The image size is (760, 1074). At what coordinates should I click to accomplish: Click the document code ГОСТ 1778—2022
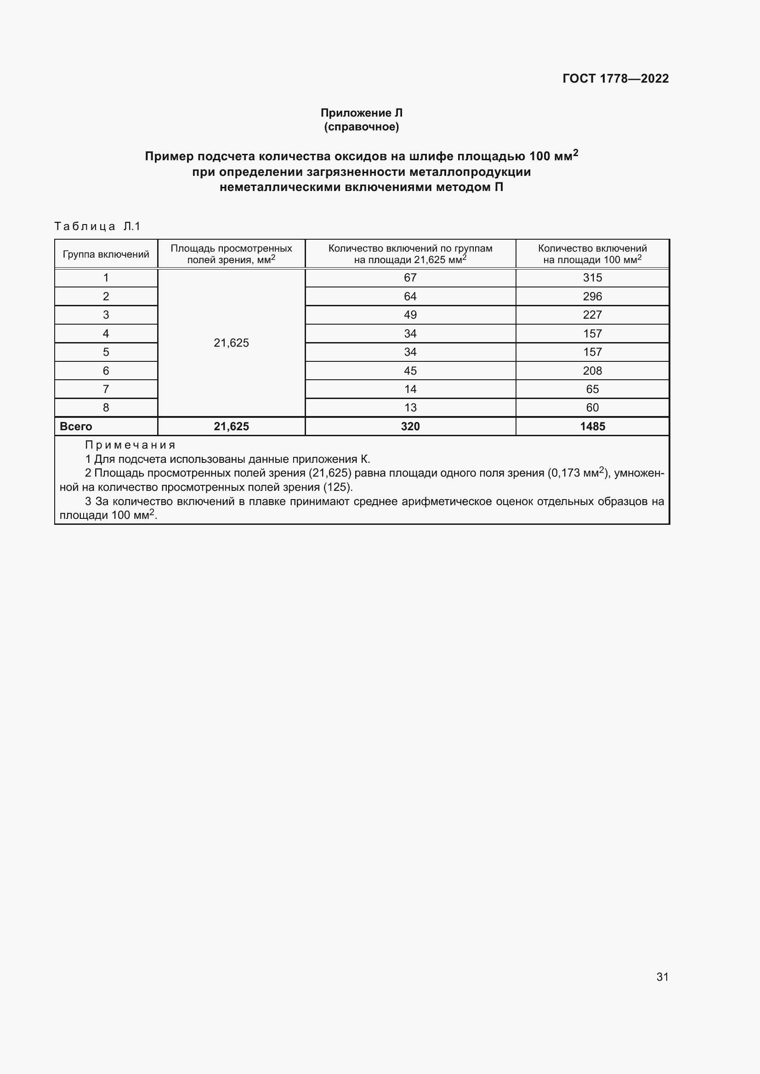click(x=615, y=78)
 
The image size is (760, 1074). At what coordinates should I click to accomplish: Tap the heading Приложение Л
click(x=361, y=113)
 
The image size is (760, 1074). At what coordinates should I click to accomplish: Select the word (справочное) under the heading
click(x=361, y=127)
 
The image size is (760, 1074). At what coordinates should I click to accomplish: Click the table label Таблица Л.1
click(x=97, y=226)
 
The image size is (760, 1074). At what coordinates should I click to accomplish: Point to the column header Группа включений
click(x=106, y=254)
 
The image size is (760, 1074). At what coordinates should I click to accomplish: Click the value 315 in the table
click(x=592, y=278)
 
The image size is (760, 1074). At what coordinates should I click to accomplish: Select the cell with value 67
click(x=410, y=278)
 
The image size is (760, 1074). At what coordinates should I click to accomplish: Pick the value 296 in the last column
click(x=592, y=297)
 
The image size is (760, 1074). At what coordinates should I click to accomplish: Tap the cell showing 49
click(x=410, y=315)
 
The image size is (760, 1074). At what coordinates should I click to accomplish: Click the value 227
click(x=592, y=315)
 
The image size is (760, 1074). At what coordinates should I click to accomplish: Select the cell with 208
click(x=592, y=371)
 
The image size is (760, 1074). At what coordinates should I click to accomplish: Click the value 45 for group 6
click(x=410, y=371)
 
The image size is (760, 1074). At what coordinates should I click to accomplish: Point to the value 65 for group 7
click(x=592, y=389)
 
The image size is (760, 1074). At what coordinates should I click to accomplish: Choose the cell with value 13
click(x=410, y=408)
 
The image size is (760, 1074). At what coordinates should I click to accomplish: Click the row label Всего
click(x=76, y=427)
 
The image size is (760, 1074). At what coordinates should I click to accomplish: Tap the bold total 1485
click(x=592, y=427)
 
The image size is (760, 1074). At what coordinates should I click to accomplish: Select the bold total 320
click(x=410, y=427)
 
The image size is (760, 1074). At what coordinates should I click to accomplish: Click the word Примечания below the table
click(x=130, y=445)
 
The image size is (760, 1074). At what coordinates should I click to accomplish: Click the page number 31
click(x=662, y=977)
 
